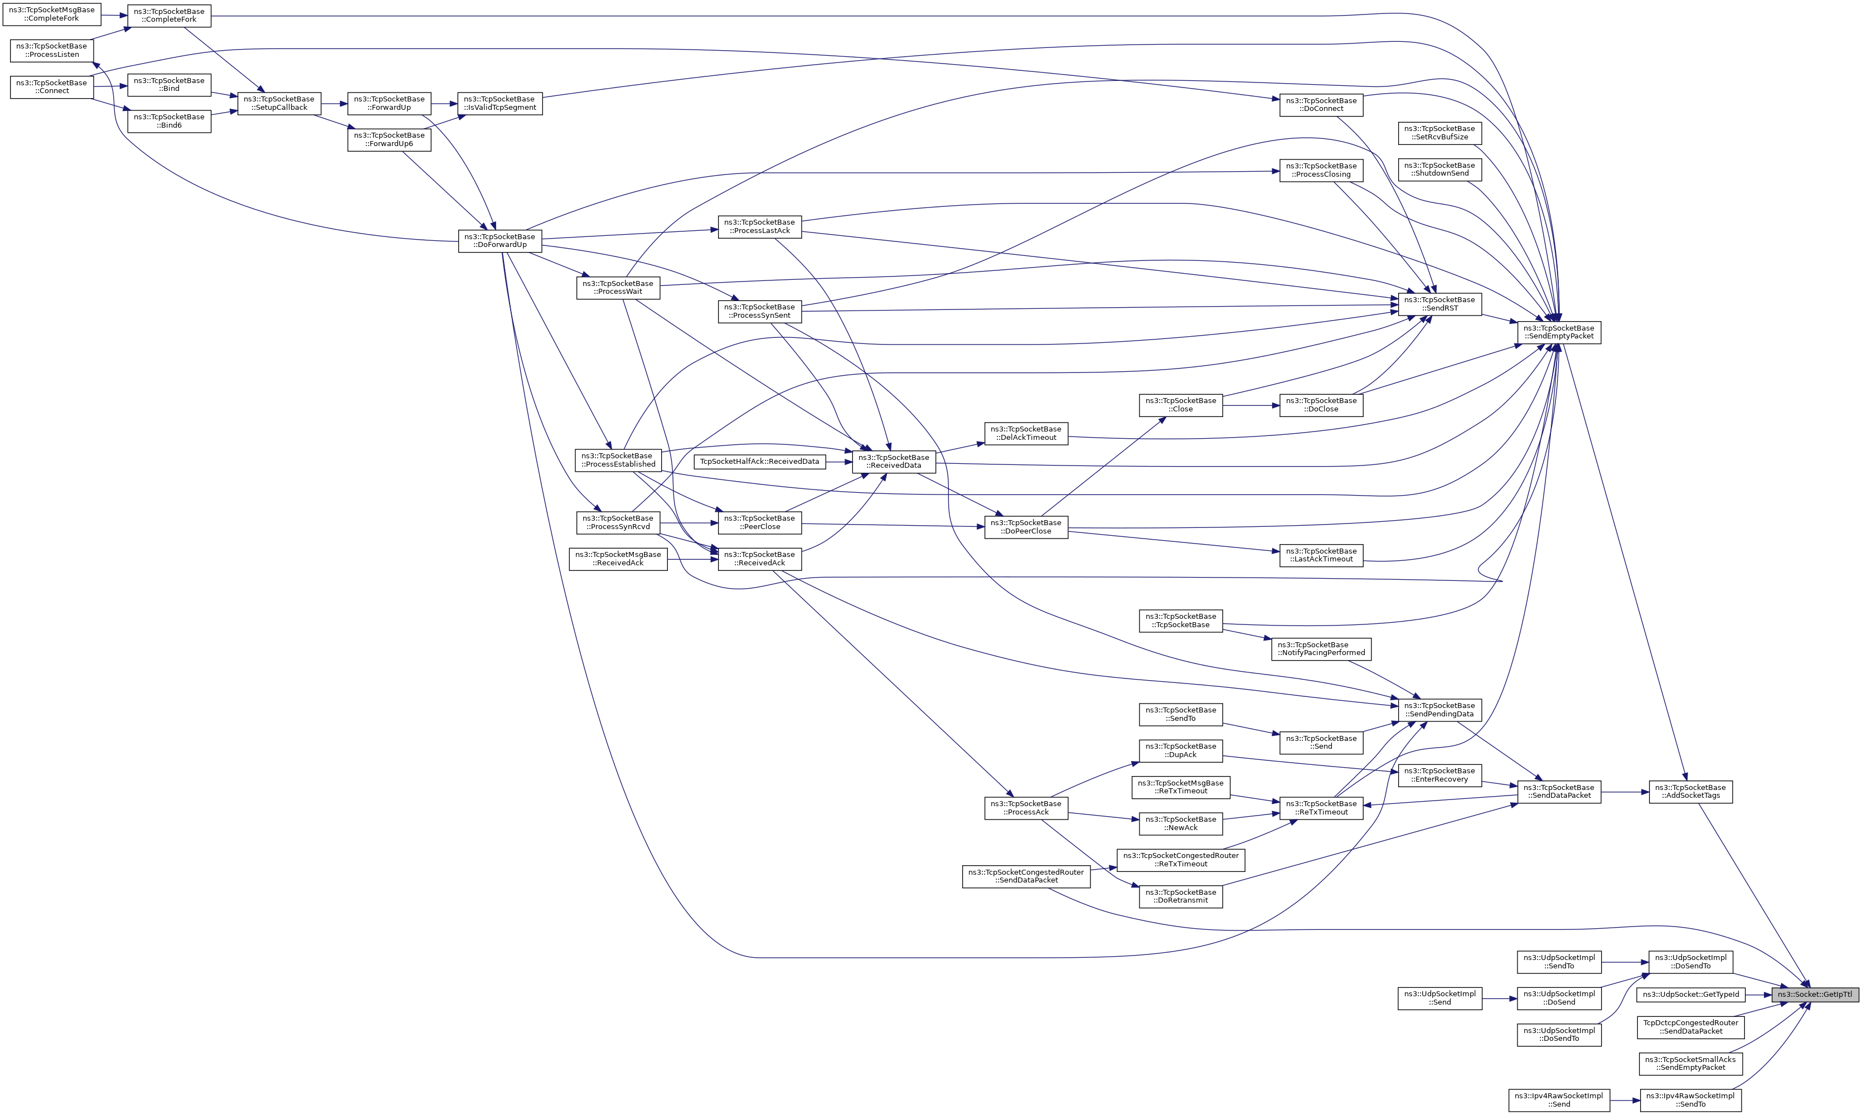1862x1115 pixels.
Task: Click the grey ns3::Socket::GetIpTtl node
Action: point(1815,995)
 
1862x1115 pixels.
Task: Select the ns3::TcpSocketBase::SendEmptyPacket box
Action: point(1559,332)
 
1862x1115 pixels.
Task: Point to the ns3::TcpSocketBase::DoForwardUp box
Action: point(500,240)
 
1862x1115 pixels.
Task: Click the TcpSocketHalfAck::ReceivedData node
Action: point(759,461)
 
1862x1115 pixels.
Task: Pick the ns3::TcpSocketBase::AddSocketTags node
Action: point(1690,791)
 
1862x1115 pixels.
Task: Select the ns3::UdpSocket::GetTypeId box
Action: point(1690,995)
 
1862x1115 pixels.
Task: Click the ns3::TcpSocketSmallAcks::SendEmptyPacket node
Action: point(1690,1063)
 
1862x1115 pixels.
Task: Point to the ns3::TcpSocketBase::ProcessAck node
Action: point(1026,808)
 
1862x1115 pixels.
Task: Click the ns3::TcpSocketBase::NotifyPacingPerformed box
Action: point(1321,648)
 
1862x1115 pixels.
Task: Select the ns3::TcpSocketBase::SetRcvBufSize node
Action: point(1439,133)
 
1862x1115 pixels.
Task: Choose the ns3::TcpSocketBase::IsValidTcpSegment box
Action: point(499,103)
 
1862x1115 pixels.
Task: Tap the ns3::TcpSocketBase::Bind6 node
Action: point(169,121)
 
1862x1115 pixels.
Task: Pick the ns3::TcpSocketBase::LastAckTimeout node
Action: point(1321,555)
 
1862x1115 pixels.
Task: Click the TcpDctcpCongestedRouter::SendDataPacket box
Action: point(1690,1027)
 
